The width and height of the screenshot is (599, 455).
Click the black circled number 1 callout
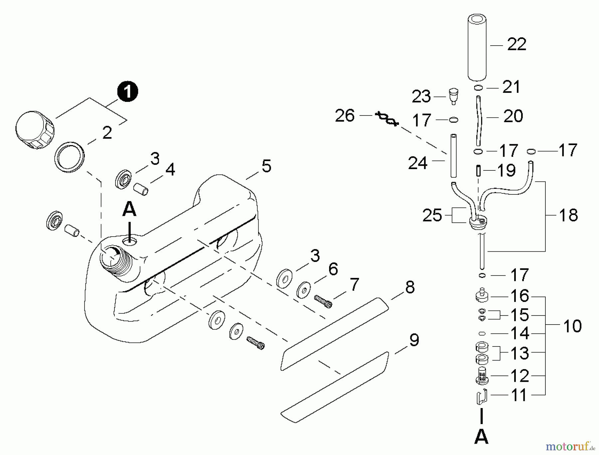pos(127,91)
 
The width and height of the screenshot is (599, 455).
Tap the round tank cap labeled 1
pos(35,130)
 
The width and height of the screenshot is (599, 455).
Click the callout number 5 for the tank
pos(266,166)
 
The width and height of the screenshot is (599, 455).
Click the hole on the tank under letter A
pos(129,241)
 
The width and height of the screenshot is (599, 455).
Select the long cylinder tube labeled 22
pos(477,47)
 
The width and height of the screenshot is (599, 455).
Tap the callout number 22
pos(516,44)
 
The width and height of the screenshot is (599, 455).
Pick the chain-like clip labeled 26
pos(386,119)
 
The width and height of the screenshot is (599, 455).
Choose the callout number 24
pos(417,163)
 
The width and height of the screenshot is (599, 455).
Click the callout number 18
pos(568,215)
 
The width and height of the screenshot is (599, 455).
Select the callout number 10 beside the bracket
pos(572,326)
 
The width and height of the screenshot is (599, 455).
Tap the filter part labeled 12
pos(482,376)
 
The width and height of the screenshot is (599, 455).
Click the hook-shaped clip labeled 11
pos(481,396)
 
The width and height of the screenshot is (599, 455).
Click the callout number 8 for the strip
pos(410,287)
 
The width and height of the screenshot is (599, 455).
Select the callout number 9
pos(414,340)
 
